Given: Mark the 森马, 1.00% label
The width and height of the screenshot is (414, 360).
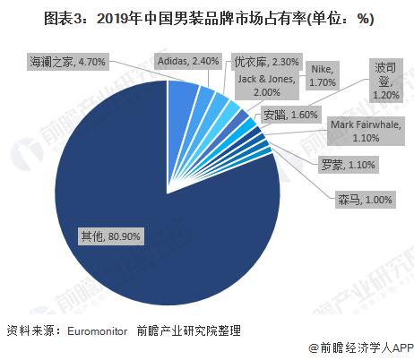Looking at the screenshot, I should pyautogui.click(x=353, y=199).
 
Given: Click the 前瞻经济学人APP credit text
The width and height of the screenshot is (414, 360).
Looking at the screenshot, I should pyautogui.click(x=359, y=347).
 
